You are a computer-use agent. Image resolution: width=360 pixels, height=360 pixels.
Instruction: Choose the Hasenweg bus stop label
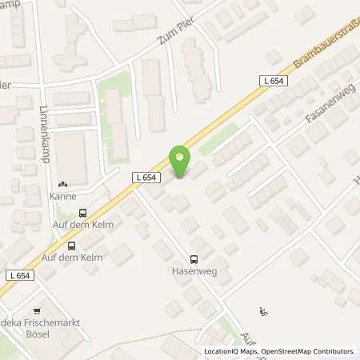194,271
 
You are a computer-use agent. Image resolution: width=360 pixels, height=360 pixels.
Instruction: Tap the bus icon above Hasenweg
194,258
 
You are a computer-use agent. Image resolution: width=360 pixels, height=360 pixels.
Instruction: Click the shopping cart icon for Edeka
36,310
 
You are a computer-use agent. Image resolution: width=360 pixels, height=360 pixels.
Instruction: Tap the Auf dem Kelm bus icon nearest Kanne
82,213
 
